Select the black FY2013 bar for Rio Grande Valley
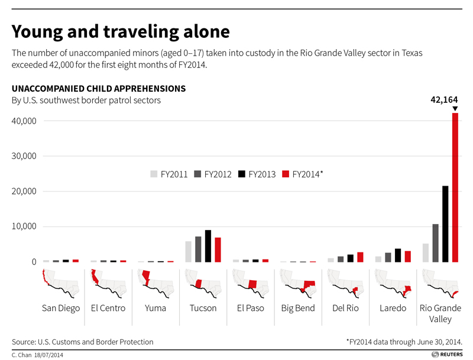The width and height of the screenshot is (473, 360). pyautogui.click(x=445, y=224)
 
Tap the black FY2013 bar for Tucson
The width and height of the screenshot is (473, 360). pyautogui.click(x=208, y=246)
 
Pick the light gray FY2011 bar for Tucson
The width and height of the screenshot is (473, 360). pyautogui.click(x=188, y=251)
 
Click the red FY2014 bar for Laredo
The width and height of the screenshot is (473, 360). pyautogui.click(x=407, y=256)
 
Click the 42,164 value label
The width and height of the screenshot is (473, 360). pyautogui.click(x=443, y=99)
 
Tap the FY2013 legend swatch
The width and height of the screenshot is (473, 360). pyautogui.click(x=242, y=174)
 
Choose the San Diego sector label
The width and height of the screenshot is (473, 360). pyautogui.click(x=61, y=308)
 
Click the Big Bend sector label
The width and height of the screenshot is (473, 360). pyautogui.click(x=298, y=308)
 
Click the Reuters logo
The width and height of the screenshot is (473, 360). pyautogui.click(x=446, y=354)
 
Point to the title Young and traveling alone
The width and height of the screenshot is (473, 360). pyautogui.click(x=121, y=31)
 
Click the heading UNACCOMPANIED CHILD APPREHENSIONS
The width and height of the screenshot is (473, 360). pyautogui.click(x=99, y=89)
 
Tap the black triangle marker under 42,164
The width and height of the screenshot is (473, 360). pyautogui.click(x=455, y=109)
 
